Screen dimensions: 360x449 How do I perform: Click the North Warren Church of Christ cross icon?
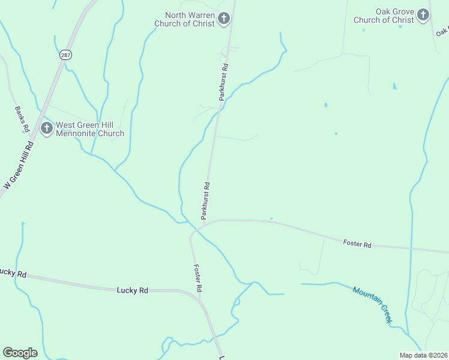click(224, 19)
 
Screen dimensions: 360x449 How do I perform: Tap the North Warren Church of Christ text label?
click(186, 19)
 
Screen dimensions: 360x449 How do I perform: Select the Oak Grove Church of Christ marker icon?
click(423, 15)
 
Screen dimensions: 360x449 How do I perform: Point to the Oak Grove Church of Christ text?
click(384, 16)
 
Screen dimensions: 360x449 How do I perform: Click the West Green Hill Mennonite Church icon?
click(46, 128)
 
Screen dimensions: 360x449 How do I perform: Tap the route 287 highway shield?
click(65, 55)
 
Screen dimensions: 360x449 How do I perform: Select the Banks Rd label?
click(22, 119)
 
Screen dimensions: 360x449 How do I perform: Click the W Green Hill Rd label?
click(19, 166)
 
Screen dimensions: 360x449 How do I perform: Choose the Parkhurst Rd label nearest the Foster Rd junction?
click(205, 199)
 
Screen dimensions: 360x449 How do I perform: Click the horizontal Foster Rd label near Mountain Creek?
click(357, 244)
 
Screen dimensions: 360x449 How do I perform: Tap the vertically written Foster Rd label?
click(197, 278)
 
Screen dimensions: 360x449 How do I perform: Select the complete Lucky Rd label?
click(132, 290)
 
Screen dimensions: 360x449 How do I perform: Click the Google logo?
click(20, 352)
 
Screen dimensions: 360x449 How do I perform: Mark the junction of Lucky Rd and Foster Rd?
click(199, 298)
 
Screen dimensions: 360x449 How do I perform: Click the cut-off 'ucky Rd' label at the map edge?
click(13, 273)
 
